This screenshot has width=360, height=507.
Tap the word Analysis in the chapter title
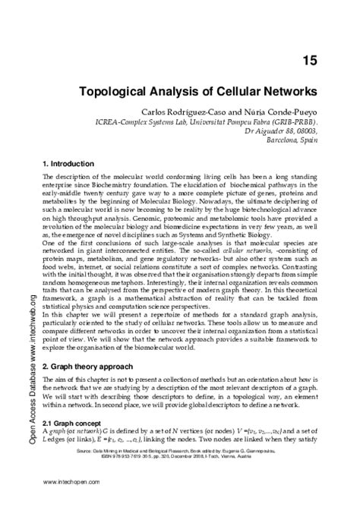(180, 89)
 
